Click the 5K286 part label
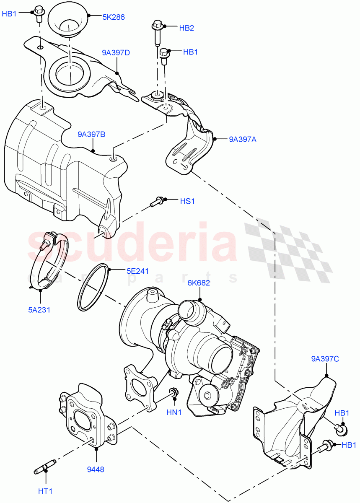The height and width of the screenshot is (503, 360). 113,17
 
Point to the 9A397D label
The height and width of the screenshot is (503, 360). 116,53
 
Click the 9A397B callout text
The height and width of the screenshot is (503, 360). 91,135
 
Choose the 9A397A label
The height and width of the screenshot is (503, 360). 243,140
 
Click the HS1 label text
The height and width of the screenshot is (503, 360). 187,201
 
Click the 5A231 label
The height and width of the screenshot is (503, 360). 40,311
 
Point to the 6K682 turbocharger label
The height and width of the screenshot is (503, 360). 199,283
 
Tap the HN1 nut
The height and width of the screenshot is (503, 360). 172,393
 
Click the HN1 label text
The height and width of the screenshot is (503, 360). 174,412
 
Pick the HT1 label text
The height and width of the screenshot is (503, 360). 45,490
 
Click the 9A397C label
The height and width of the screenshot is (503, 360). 325,359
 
